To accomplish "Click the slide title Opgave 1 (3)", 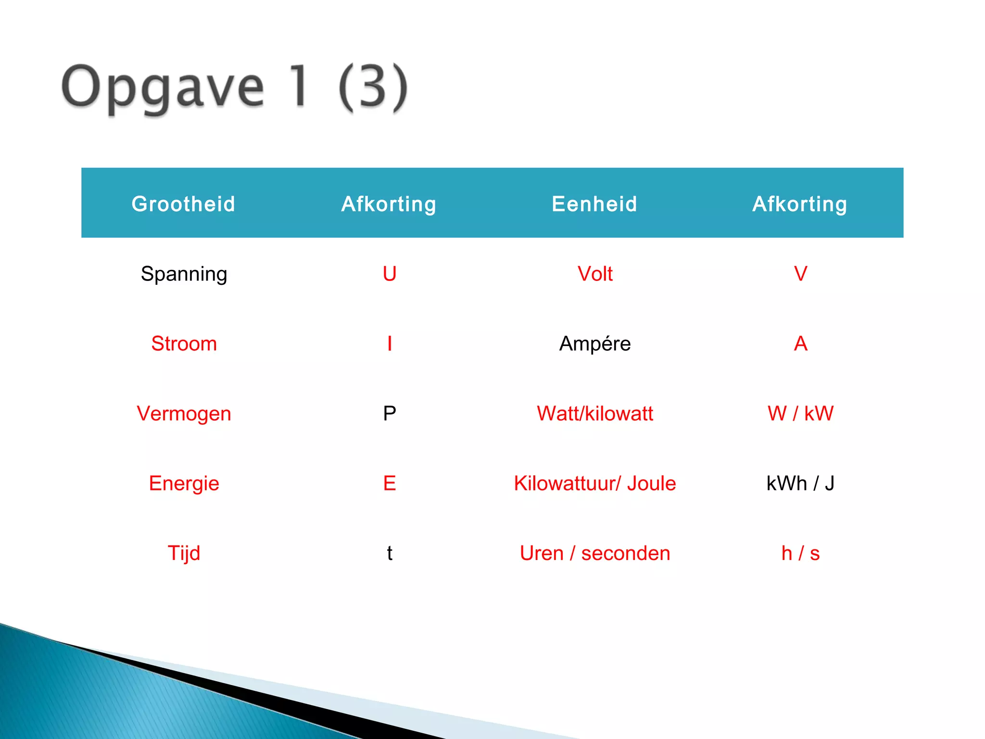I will [x=235, y=88].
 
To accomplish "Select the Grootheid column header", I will [x=183, y=204].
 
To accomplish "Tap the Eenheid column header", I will [x=594, y=204].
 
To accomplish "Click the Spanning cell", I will [x=184, y=274].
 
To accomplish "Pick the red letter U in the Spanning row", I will [x=390, y=274].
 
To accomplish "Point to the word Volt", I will [x=595, y=274].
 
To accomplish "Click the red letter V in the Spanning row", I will [x=800, y=274].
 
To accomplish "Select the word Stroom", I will [x=184, y=344].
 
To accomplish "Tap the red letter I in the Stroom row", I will [x=390, y=344].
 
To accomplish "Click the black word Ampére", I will [x=595, y=344].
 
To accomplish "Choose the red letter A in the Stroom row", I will [x=800, y=344].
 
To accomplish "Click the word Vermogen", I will [x=184, y=414].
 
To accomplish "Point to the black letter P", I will [x=390, y=414].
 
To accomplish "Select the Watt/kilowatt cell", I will [x=595, y=414].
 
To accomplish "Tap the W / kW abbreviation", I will [x=800, y=414].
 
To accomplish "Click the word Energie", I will [x=184, y=484].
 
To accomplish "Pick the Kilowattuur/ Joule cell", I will [x=595, y=484].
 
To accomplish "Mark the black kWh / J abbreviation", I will [x=800, y=484].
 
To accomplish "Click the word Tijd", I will [x=184, y=553].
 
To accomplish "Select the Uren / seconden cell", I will [x=595, y=553].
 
